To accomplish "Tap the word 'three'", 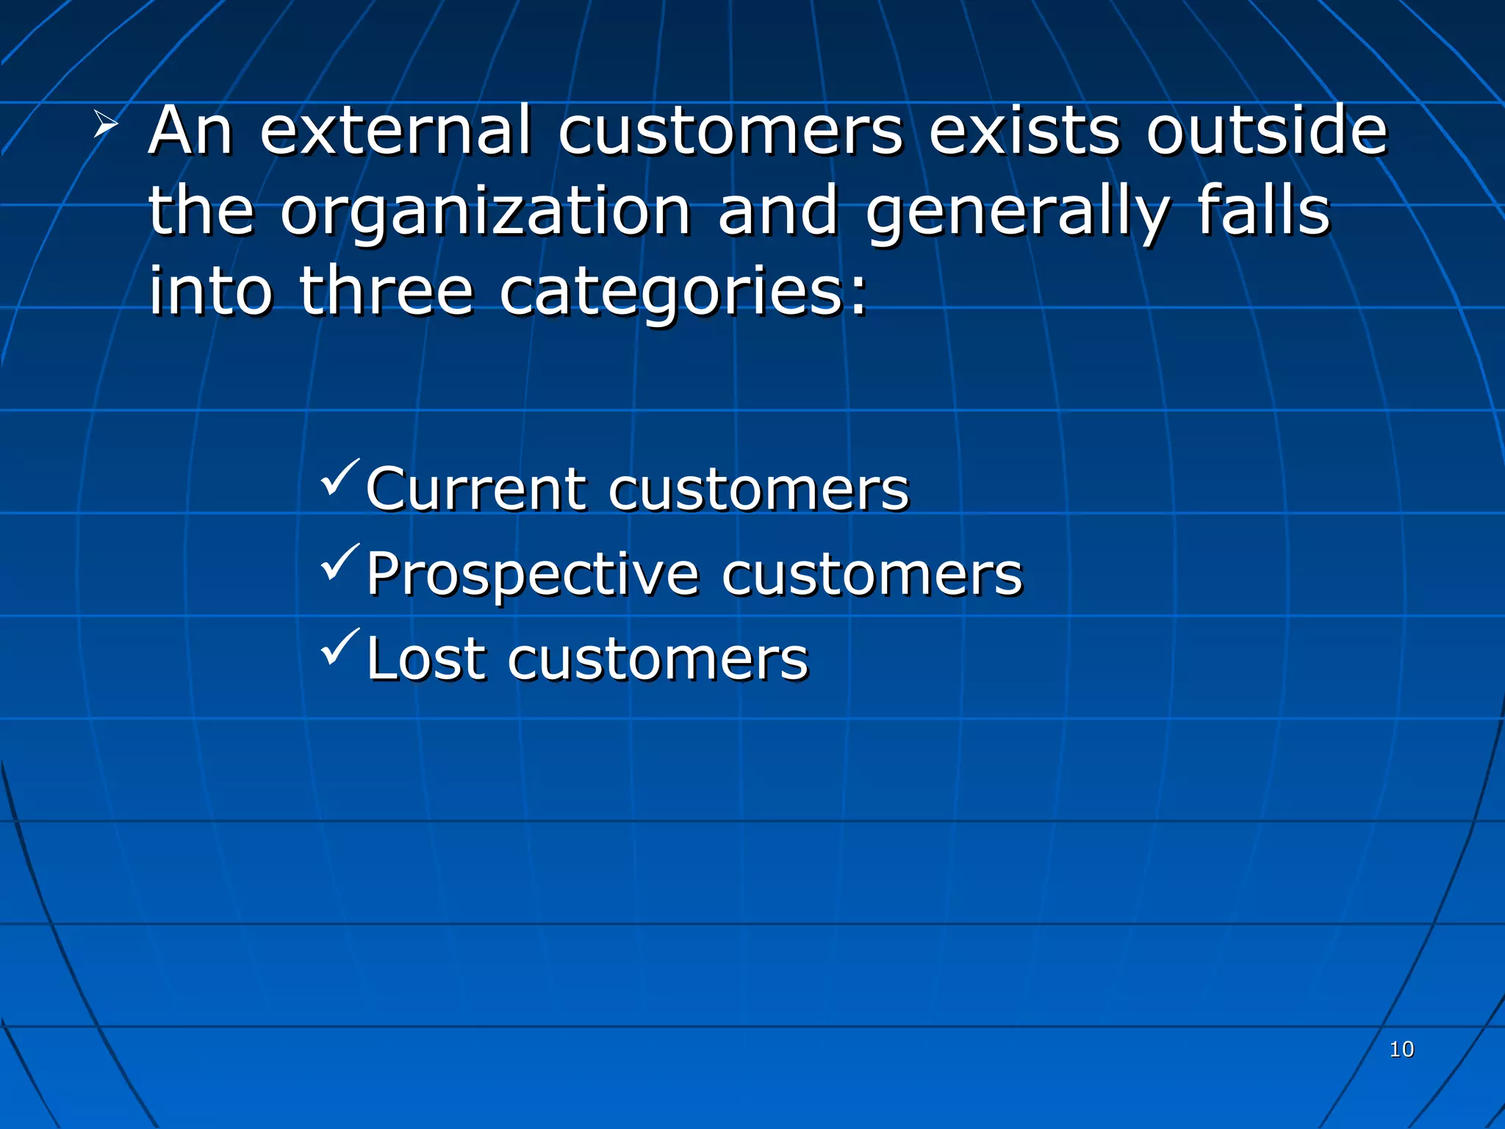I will pos(387,291).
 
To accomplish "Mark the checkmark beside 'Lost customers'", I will pos(340,646).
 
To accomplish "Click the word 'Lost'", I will pos(427,659).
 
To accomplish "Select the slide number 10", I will pos(1401,1049).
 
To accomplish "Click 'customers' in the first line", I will pos(730,132).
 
